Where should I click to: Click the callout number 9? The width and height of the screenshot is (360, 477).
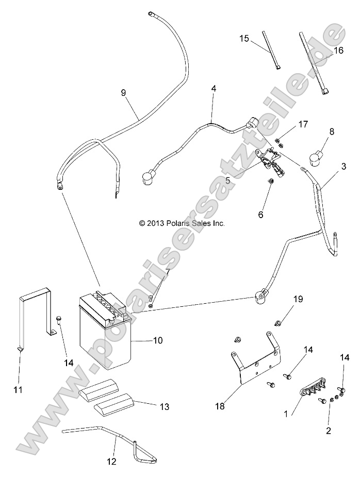click(123, 93)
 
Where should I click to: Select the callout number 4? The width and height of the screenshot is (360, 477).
click(214, 89)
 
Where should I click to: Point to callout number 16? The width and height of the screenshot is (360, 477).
click(338, 51)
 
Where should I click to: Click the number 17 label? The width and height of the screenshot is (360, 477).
click(303, 124)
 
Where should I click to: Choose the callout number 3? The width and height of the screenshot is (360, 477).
click(343, 167)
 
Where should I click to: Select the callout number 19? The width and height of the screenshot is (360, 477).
click(298, 299)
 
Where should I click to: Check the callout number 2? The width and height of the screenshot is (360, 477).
click(329, 430)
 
